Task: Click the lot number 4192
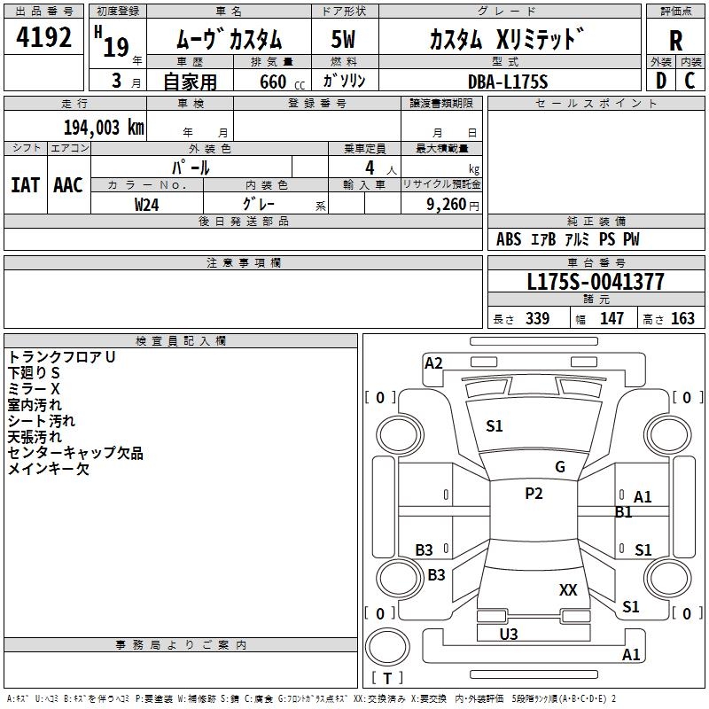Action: coord(43,37)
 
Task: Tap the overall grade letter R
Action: coord(675,41)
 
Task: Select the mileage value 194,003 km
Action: coord(104,128)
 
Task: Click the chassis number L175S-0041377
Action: coord(596,282)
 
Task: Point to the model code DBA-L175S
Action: coord(508,82)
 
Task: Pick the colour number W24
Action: coord(146,205)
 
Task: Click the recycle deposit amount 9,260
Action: coord(447,205)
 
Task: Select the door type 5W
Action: coord(343,39)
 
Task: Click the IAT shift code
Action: coord(26,185)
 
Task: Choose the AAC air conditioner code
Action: coord(68,185)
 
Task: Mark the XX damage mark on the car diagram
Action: coord(568,589)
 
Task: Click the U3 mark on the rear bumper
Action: coord(508,634)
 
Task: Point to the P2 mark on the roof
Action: coord(534,494)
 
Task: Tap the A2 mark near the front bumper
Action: coord(433,363)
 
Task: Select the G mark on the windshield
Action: coord(560,467)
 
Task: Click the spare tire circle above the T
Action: coord(387,647)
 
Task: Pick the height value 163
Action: coord(682,318)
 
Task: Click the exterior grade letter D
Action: coord(661,81)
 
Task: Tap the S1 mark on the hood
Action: coord(495,426)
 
